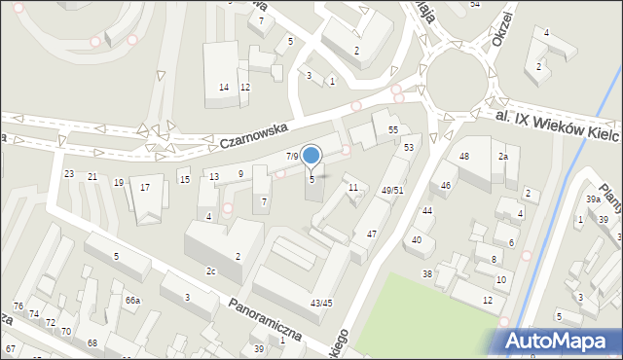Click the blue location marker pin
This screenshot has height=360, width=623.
point(311,156)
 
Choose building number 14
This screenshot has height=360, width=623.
point(224,88)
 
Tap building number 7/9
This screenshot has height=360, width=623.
point(291,156)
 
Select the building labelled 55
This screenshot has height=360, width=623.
point(393,129)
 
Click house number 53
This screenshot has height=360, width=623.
point(409,147)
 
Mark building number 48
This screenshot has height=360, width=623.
point(464,157)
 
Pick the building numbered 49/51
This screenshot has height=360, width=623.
point(392,191)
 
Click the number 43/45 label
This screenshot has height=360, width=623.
point(320,305)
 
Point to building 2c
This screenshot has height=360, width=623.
point(210,270)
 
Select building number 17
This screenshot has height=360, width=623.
point(145,187)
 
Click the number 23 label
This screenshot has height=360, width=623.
point(68,173)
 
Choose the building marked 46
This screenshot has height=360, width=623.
point(446,184)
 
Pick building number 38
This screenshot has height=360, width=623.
point(426,273)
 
